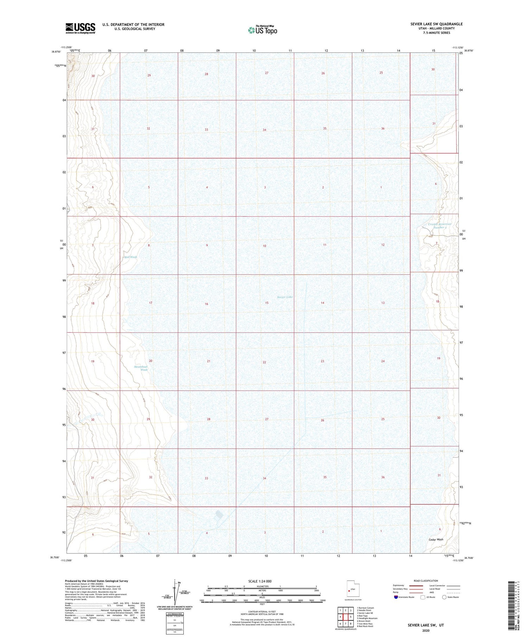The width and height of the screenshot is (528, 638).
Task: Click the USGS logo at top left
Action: [x=80, y=28]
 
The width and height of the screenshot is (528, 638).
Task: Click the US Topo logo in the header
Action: [x=263, y=30]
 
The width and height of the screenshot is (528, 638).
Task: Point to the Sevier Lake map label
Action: [x=285, y=297]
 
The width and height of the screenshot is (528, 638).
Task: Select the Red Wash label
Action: [x=131, y=257]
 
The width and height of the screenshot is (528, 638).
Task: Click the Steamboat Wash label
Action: [x=141, y=368]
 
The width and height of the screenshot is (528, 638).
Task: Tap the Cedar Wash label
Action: [x=436, y=539]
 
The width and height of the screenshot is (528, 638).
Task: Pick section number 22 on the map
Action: [x=264, y=362]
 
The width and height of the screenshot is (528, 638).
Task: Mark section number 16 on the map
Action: [x=207, y=304]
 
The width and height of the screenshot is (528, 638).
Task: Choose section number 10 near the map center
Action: [x=264, y=246]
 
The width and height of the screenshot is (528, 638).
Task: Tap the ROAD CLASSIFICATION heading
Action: [x=426, y=581]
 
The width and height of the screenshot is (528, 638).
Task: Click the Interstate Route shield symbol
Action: [x=396, y=597]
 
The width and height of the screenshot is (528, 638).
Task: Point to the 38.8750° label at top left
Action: [x=56, y=51]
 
